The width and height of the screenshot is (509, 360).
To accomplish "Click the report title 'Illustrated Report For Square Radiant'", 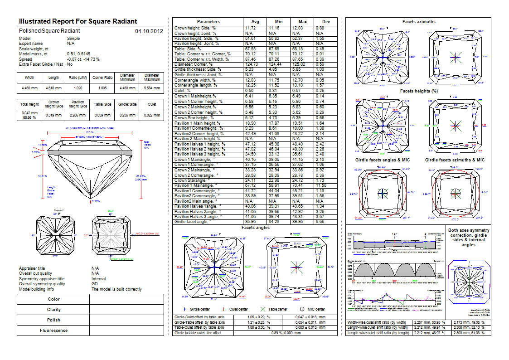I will point(78,21).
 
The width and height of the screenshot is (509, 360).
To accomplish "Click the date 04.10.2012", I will point(149,31).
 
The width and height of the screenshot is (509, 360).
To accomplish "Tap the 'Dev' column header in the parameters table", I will point(326,21).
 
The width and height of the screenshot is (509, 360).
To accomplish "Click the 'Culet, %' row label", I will point(184,91).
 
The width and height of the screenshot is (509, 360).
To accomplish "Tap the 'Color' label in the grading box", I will point(53,299).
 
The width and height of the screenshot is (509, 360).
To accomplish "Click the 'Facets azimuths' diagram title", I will point(419,21).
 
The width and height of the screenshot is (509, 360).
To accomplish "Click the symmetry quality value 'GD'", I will point(95,284).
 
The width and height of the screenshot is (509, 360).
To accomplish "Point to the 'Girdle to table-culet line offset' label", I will point(198,333).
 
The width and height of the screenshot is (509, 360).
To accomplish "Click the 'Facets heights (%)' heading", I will point(419,91).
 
